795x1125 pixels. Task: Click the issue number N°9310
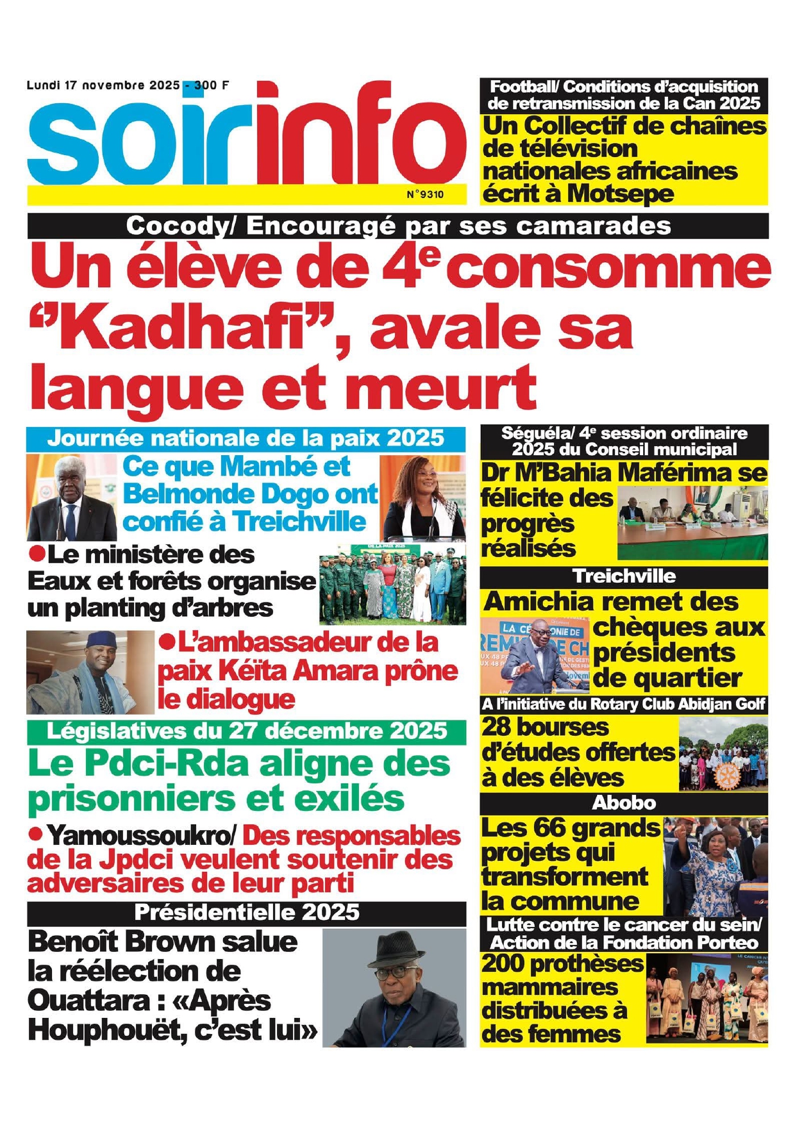tap(425, 194)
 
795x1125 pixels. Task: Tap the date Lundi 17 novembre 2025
tap(103, 85)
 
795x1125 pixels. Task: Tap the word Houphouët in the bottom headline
tap(94, 1030)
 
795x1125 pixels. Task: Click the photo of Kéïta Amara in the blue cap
tap(90, 672)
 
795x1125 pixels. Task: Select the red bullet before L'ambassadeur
tap(168, 640)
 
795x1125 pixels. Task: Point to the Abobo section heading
tap(623, 803)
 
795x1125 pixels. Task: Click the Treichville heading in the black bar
tap(623, 576)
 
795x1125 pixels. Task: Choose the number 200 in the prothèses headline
tap(504, 963)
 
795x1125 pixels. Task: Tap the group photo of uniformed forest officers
tap(392, 585)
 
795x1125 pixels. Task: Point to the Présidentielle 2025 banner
tap(247, 912)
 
